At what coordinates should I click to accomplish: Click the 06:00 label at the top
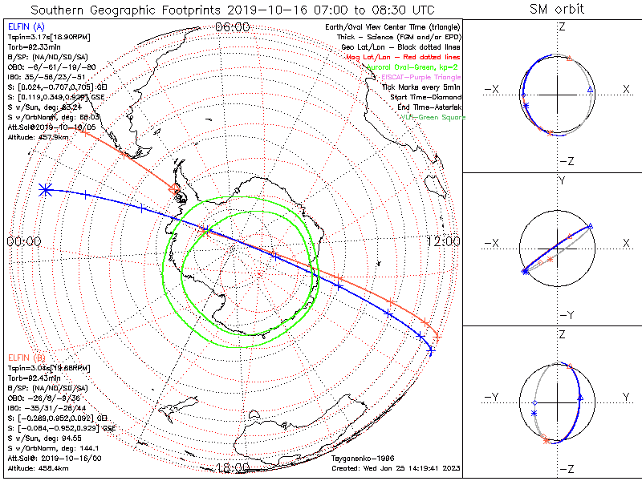(x=233, y=27)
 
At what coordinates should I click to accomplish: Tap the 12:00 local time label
(x=443, y=241)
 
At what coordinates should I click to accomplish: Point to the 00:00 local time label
(x=24, y=241)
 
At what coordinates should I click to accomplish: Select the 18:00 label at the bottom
(x=233, y=468)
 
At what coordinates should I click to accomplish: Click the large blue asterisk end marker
(x=46, y=190)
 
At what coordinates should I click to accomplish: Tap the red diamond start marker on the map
(x=175, y=188)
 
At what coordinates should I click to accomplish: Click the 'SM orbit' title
(x=557, y=10)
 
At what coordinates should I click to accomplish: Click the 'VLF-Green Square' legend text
(x=433, y=117)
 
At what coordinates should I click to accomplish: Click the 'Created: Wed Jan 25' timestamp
(x=396, y=468)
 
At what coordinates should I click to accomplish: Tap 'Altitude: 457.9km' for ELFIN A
(x=38, y=135)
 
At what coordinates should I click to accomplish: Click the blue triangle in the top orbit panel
(x=590, y=88)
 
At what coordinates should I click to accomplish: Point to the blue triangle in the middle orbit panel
(x=590, y=228)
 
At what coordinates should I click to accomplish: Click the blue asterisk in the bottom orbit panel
(x=534, y=413)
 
